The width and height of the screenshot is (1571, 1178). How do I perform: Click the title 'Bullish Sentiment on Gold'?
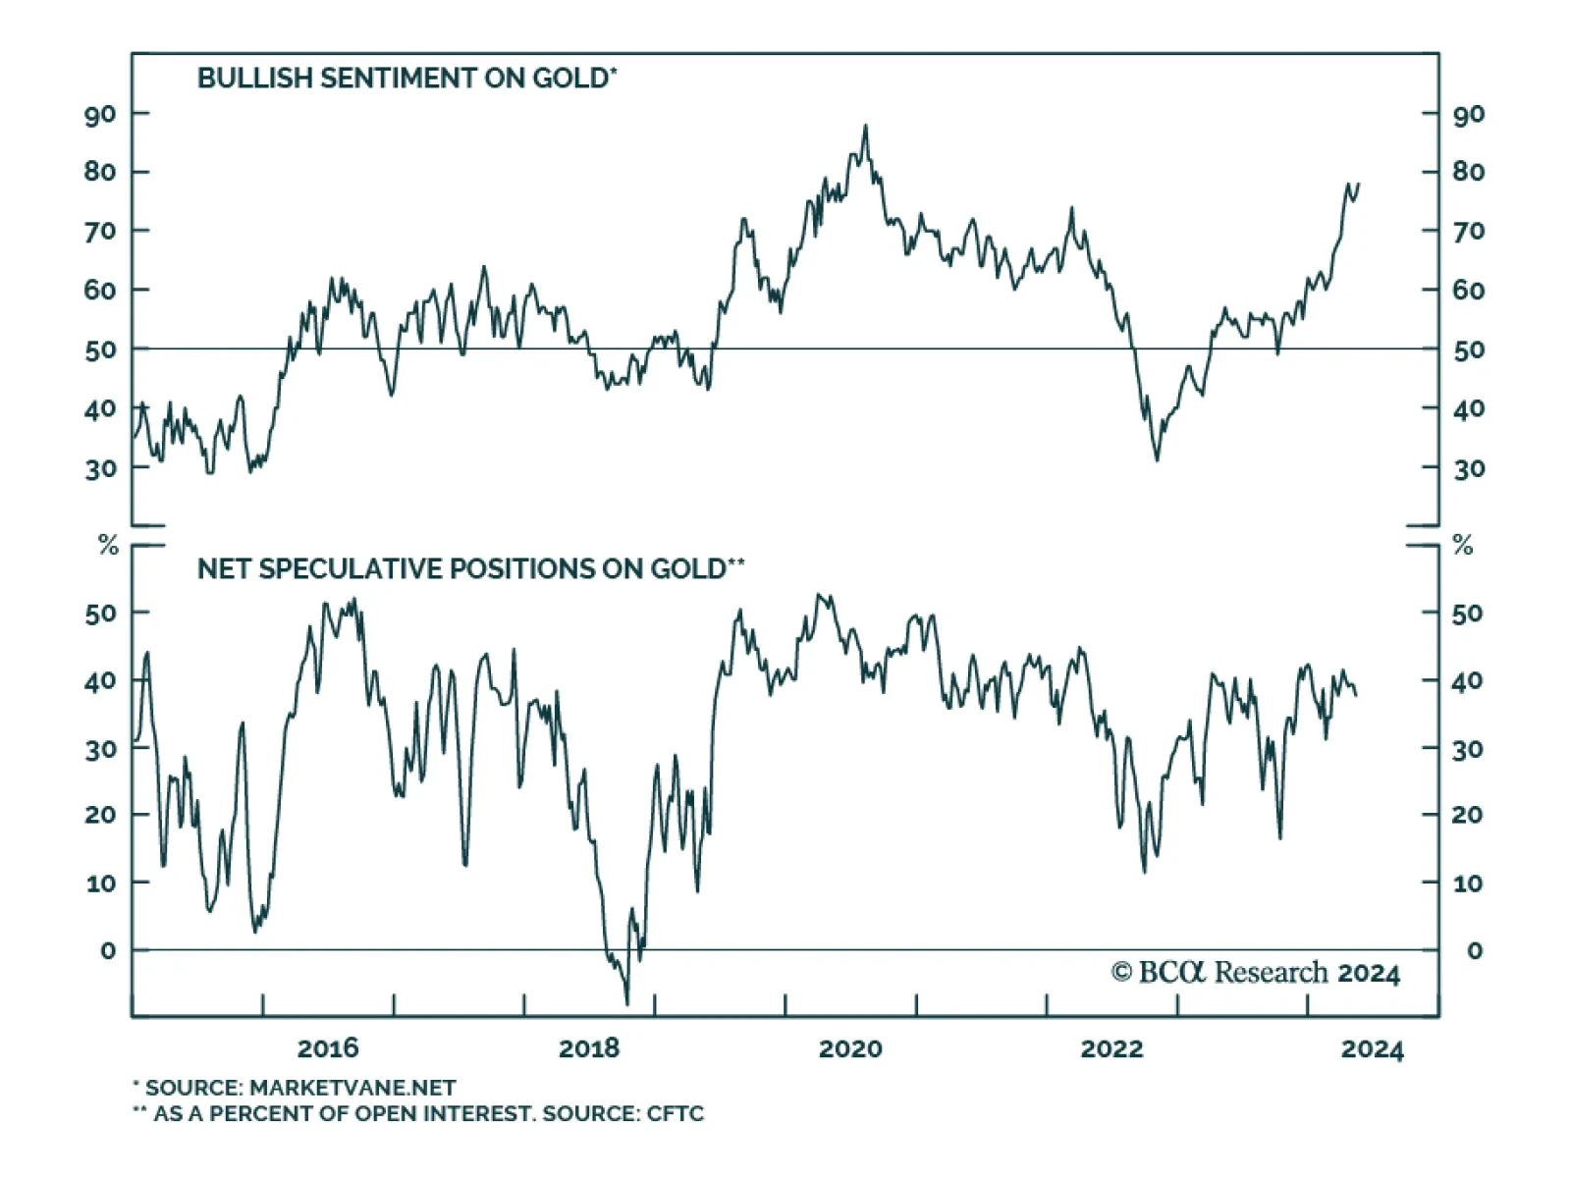point(406,79)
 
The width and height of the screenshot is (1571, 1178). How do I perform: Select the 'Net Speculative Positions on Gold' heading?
point(470,569)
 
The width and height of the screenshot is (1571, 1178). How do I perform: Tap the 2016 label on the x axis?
point(328,1048)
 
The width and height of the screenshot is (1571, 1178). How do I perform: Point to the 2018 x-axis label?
point(589,1048)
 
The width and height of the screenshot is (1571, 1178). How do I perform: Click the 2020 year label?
point(850,1048)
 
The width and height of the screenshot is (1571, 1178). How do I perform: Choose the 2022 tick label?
point(1111,1048)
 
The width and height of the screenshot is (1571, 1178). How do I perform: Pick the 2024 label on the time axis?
point(1373,1048)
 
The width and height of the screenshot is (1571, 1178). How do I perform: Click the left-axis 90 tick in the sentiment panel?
point(99,114)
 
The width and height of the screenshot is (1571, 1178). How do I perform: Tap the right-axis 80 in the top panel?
point(1469,172)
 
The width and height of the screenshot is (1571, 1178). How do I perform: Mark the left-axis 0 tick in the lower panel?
point(108,950)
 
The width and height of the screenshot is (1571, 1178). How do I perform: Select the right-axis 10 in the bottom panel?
point(1468,883)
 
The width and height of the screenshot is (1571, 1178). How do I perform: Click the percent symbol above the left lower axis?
point(109,546)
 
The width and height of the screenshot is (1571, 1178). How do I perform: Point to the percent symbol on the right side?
point(1463,546)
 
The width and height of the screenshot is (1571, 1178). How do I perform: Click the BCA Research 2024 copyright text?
point(1256,973)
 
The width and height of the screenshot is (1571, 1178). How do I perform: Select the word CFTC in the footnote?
point(676,1113)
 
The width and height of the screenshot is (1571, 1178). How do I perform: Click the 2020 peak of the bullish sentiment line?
point(865,126)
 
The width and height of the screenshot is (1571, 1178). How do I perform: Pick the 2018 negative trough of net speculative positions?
point(626,1003)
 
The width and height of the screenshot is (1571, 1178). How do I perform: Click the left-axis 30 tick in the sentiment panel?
point(99,469)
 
